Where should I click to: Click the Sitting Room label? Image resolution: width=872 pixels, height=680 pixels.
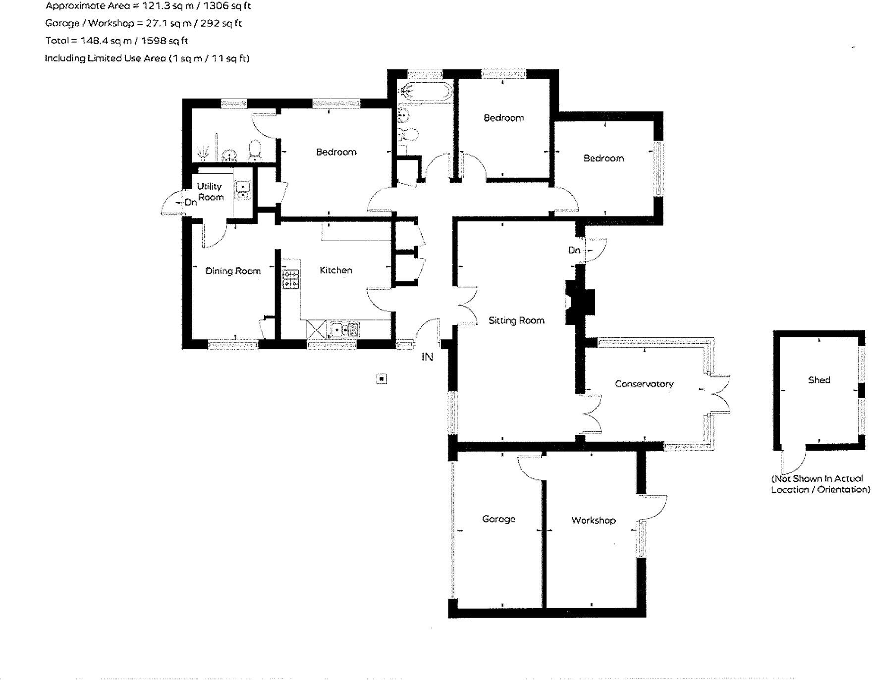[516, 320]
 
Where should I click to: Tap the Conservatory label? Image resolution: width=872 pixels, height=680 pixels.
[644, 384]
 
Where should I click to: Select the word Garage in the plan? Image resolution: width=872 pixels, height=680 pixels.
[498, 519]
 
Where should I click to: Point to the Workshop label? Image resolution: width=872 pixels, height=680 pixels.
[593, 520]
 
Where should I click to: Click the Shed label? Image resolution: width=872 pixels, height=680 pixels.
[818, 380]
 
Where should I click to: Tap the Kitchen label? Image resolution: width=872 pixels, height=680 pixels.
[336, 270]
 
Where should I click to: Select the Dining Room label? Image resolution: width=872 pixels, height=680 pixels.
[233, 271]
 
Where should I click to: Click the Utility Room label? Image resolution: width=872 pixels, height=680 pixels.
[210, 192]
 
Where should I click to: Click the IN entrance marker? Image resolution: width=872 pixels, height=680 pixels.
[427, 357]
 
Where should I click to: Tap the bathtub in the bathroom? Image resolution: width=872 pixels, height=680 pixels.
[426, 92]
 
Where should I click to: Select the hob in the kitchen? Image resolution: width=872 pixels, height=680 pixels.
[291, 279]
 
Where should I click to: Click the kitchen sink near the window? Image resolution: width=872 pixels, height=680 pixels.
[345, 329]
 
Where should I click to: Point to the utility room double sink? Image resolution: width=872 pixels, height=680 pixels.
[243, 190]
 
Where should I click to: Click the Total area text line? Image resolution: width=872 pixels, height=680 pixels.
[116, 41]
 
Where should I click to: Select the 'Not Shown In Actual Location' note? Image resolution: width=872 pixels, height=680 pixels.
[820, 484]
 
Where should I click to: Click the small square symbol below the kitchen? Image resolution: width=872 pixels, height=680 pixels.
[381, 379]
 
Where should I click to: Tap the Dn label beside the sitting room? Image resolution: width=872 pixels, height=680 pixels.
[574, 250]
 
